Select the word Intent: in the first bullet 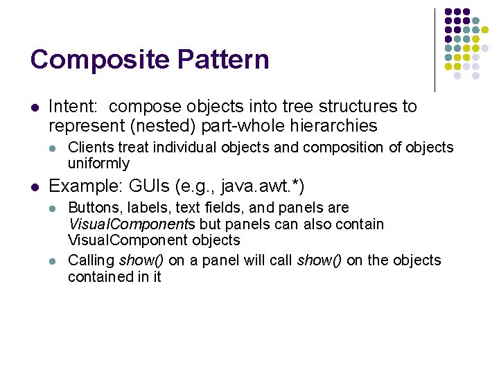pos(76,107)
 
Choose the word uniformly pos(98,163)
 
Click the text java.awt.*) pos(263,186)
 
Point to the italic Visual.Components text pos(132,224)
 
